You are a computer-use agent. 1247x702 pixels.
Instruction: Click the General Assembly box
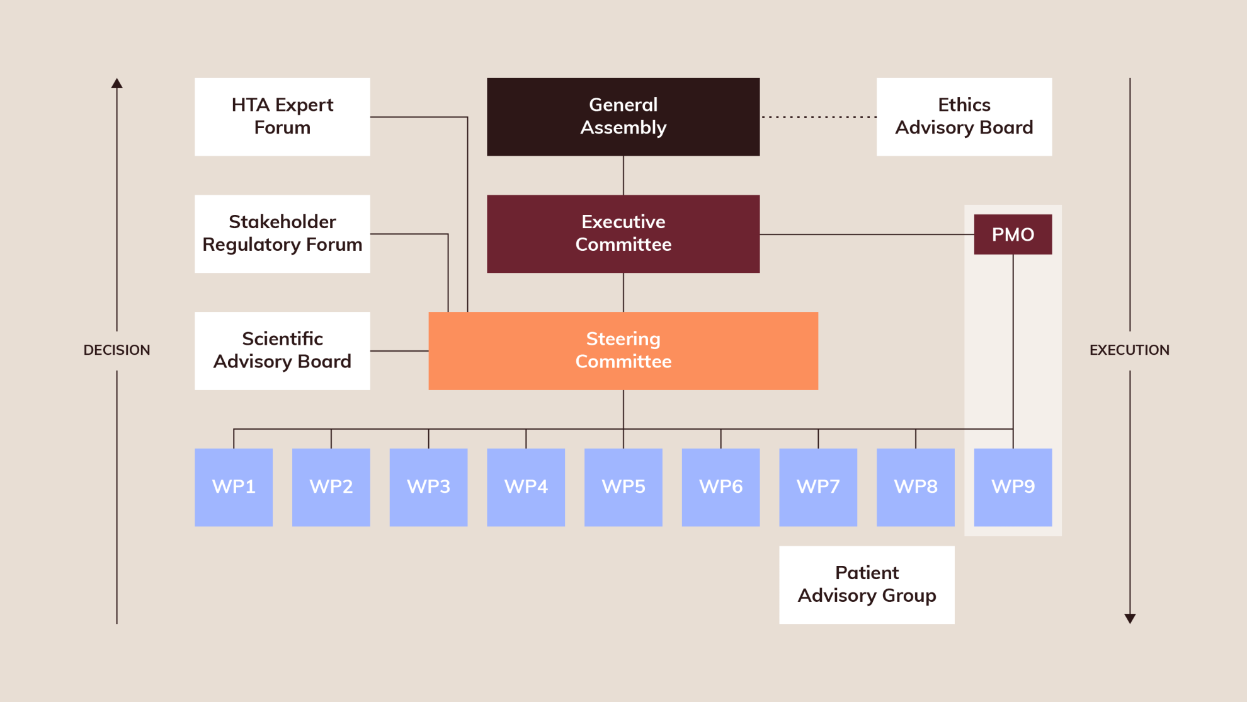pyautogui.click(x=623, y=117)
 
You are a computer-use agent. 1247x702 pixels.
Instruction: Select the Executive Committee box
pyautogui.click(x=623, y=233)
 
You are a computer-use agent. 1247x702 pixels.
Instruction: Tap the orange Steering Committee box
pyautogui.click(x=623, y=350)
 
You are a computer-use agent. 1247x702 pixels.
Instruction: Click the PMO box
pyautogui.click(x=1013, y=234)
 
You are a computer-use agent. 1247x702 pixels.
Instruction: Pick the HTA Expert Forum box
pyautogui.click(x=282, y=117)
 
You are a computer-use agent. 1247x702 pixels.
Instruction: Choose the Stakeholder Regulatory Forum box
pyautogui.click(x=282, y=233)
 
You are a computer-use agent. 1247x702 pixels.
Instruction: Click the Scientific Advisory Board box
pyautogui.click(x=282, y=350)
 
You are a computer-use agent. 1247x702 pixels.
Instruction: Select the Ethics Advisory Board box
pyautogui.click(x=964, y=117)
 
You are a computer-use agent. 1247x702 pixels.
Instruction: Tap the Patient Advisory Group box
pyautogui.click(x=867, y=584)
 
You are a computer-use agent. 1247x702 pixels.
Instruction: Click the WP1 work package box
pyautogui.click(x=234, y=486)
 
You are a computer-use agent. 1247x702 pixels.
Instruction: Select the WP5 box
pyautogui.click(x=623, y=486)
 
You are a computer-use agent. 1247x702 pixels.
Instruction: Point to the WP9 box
pyautogui.click(x=1013, y=486)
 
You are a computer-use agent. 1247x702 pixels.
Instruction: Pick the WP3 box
pyautogui.click(x=428, y=486)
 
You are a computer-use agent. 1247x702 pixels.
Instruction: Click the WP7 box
pyautogui.click(x=817, y=486)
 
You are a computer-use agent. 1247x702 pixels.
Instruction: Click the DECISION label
pyautogui.click(x=117, y=350)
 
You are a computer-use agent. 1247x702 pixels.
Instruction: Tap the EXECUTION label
pyautogui.click(x=1129, y=350)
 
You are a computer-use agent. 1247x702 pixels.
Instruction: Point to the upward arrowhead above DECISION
pyautogui.click(x=117, y=83)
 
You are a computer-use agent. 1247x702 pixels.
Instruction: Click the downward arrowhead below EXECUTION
pyautogui.click(x=1130, y=618)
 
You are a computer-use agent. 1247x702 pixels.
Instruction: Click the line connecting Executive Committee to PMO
pyautogui.click(x=866, y=234)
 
